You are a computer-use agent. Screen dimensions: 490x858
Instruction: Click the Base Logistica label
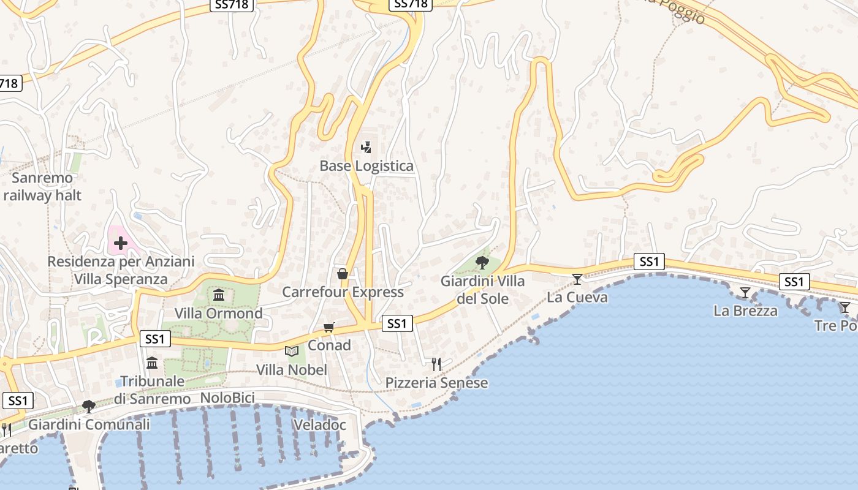click(x=366, y=166)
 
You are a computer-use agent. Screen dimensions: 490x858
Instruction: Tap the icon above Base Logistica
click(x=366, y=147)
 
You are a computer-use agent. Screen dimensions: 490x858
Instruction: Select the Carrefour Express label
click(x=343, y=292)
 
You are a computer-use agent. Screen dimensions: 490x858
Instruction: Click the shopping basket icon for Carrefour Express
click(x=343, y=273)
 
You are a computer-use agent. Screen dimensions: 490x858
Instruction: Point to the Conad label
click(x=329, y=345)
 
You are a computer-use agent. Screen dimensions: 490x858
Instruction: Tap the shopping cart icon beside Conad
click(x=329, y=327)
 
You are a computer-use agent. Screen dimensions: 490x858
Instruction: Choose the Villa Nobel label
click(x=292, y=370)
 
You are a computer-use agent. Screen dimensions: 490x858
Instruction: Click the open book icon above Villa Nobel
click(x=292, y=352)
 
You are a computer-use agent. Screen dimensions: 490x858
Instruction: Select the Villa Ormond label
click(x=219, y=314)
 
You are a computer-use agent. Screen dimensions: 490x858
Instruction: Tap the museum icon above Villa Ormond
click(x=219, y=295)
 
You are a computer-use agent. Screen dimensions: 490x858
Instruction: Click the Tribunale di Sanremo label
click(x=152, y=390)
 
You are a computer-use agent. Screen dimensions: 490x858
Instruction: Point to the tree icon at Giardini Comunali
click(x=89, y=405)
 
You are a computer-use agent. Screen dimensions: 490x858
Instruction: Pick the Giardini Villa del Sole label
click(x=483, y=290)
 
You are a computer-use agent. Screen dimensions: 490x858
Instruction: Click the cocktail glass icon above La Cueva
click(x=577, y=279)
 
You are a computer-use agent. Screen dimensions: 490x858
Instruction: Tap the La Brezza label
click(x=745, y=311)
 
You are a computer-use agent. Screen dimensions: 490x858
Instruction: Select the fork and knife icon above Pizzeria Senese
click(x=436, y=364)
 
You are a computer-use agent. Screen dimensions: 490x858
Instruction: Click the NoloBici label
click(x=227, y=399)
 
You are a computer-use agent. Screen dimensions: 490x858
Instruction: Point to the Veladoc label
click(x=320, y=425)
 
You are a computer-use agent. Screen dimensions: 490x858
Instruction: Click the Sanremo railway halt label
click(x=42, y=187)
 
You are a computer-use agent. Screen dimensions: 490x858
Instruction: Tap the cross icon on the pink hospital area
click(x=120, y=243)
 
